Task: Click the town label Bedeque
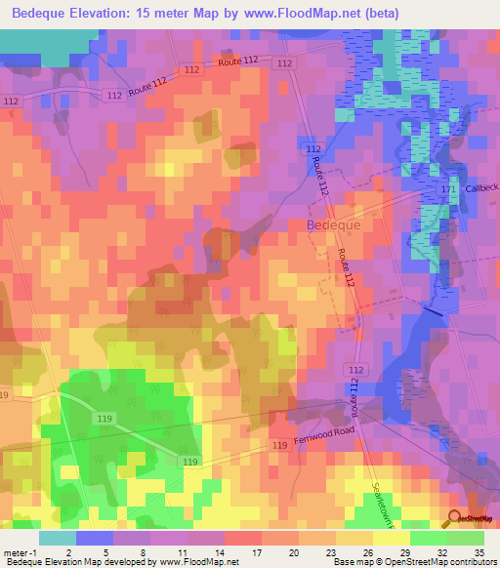pyautogui.click(x=334, y=224)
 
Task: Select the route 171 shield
pyautogui.click(x=449, y=187)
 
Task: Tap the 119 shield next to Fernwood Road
pyautogui.click(x=280, y=446)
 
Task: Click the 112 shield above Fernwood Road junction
pyautogui.click(x=356, y=370)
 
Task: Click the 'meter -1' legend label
pyautogui.click(x=20, y=552)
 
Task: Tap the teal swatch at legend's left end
pyautogui.click(x=57, y=538)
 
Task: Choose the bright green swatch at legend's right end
pyautogui.click(x=465, y=538)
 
